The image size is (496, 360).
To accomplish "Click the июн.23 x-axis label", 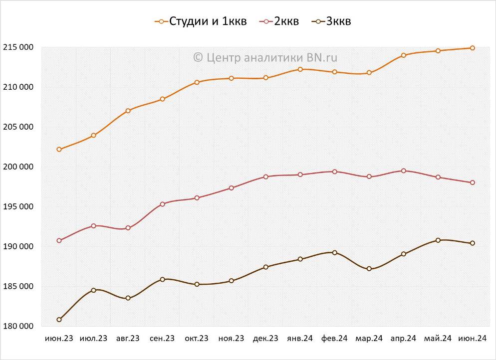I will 59,339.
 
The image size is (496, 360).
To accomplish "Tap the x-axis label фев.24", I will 334,339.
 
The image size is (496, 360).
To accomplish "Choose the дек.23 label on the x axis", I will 265,339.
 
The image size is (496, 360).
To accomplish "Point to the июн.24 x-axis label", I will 472,339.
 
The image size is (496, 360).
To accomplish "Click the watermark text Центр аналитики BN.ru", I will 265,57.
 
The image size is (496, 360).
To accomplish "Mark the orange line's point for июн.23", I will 59,149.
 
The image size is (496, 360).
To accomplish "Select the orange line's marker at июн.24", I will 473,48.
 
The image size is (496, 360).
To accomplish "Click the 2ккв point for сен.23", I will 162,204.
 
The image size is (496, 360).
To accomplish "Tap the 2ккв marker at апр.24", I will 404,171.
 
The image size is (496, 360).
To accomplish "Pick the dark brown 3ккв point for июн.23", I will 59,320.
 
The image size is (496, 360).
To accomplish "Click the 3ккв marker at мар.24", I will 369,269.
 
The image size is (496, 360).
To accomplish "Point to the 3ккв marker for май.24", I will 438,240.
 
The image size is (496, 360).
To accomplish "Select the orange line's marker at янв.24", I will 300,69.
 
